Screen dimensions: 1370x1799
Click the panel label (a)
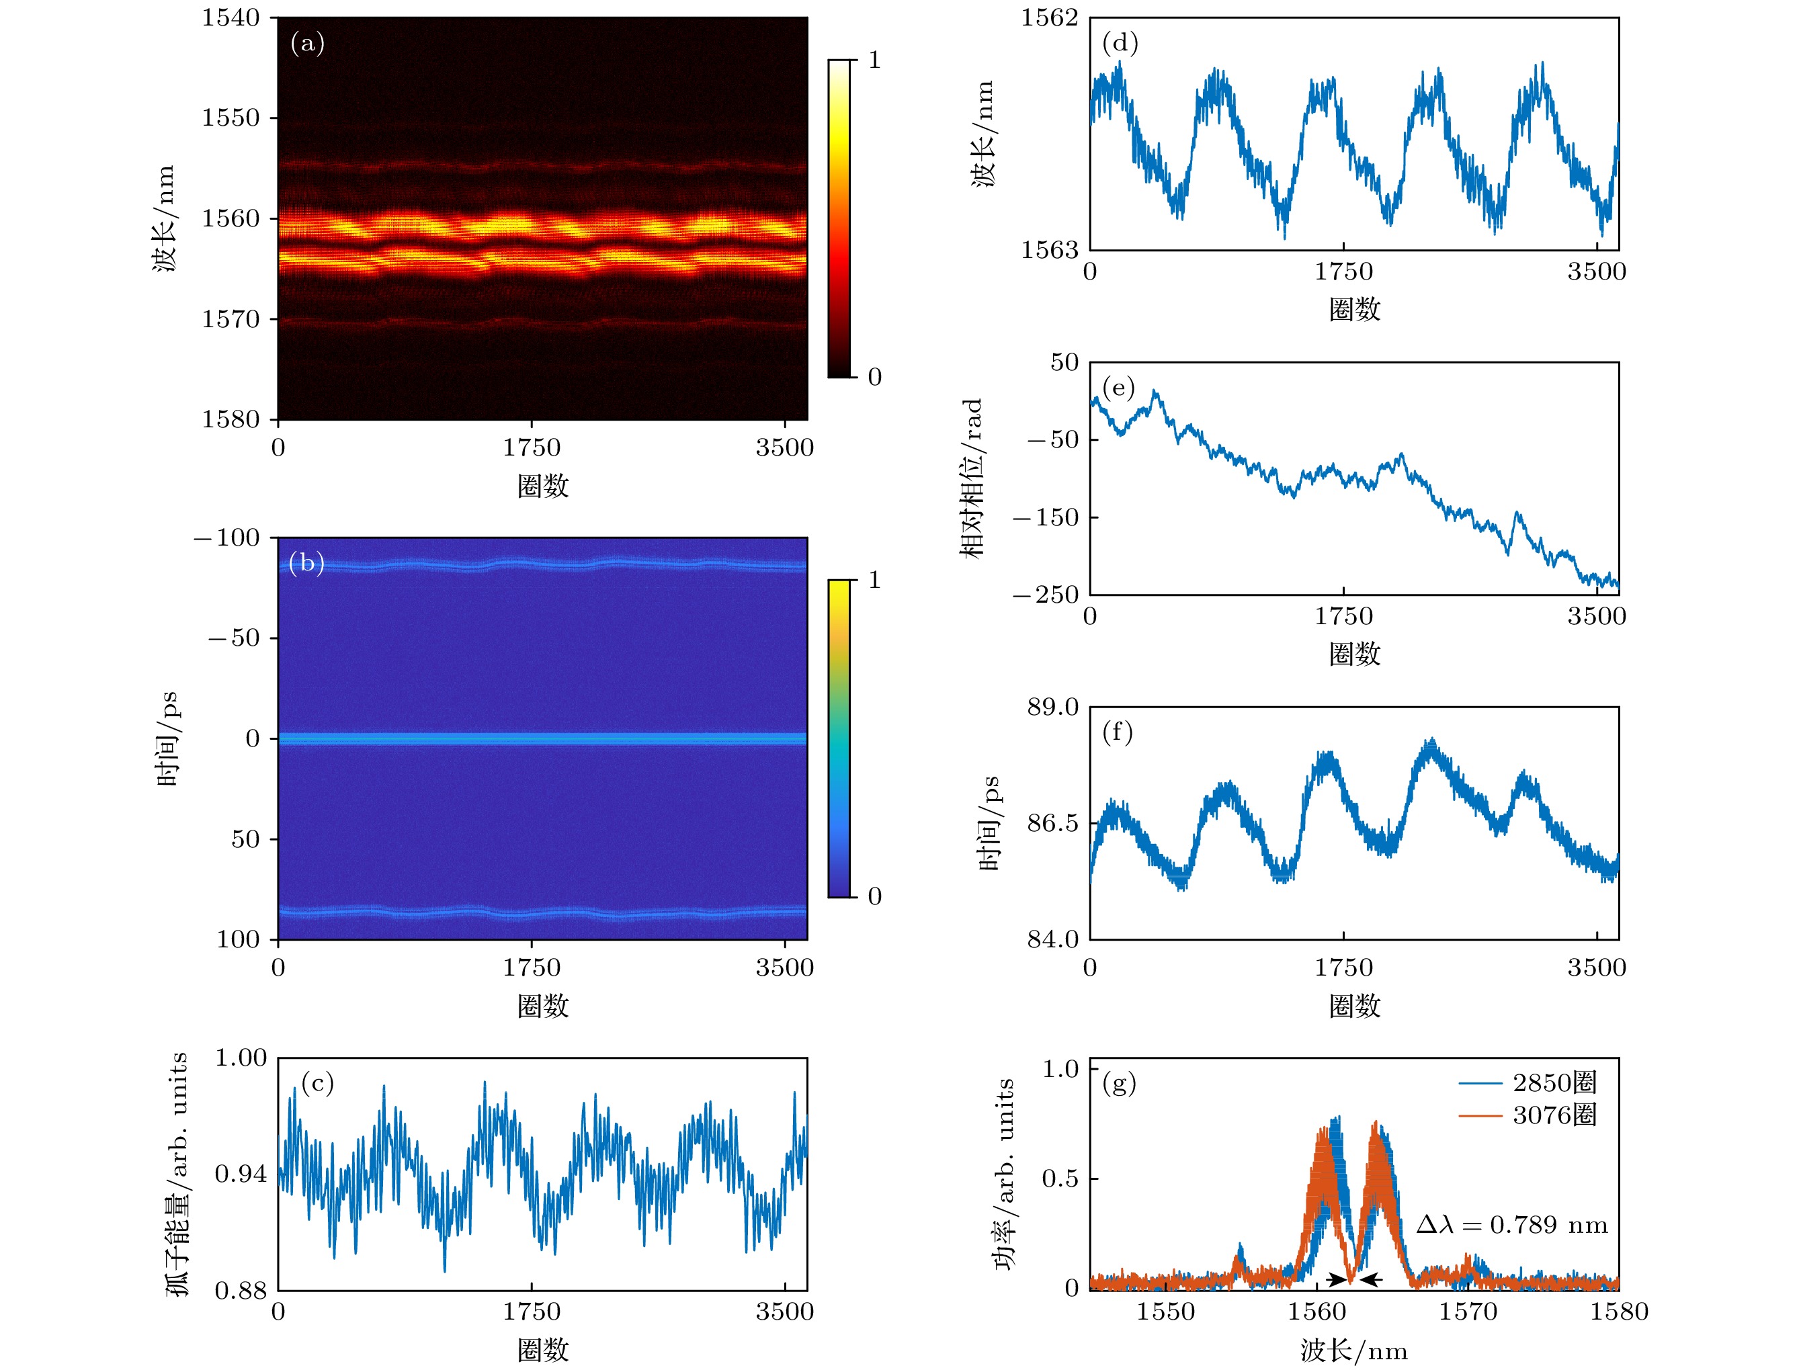pos(307,43)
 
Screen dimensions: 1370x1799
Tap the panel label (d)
pos(1120,43)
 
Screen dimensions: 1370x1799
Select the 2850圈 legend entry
pos(1554,1083)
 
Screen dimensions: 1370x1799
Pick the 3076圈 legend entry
pos(1554,1115)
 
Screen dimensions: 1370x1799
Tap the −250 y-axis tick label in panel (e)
pos(1046,595)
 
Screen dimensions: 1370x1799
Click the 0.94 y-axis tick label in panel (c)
pos(241,1174)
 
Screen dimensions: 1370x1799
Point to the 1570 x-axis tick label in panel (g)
pos(1468,1312)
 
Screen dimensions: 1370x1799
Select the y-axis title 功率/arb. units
pos(1005,1174)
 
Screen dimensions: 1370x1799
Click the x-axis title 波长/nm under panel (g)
pos(1353,1351)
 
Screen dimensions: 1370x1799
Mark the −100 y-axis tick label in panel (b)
pos(226,538)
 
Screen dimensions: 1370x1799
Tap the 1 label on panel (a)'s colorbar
pos(874,60)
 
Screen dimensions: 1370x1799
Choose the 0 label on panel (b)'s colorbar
pos(874,897)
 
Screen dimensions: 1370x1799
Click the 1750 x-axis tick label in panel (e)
pos(1343,617)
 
